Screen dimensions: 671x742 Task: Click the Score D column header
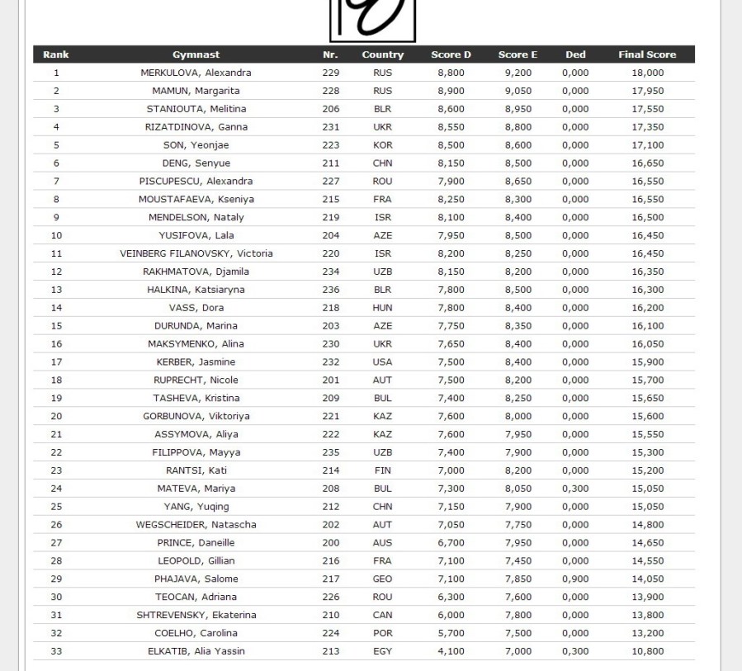pos(451,54)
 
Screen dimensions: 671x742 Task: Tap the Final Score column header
pos(647,54)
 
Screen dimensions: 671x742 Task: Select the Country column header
pos(382,54)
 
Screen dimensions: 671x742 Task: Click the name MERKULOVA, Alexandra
pos(196,73)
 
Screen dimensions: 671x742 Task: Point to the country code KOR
pos(382,145)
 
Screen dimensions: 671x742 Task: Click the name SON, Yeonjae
pos(196,145)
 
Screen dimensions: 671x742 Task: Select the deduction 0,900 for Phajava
pos(575,579)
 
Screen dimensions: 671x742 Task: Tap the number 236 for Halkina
pos(330,290)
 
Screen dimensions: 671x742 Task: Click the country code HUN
pos(382,308)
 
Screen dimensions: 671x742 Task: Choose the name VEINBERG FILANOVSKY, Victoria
pos(196,253)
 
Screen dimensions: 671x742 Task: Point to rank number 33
pos(56,651)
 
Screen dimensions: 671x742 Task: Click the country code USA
pos(382,361)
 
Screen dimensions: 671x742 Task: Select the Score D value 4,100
pos(451,651)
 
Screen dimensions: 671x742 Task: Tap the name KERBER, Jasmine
pos(196,361)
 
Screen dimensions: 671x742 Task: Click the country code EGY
pos(382,651)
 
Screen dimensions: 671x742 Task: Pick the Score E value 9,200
pos(518,73)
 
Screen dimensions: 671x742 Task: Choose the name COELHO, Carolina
pos(196,633)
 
